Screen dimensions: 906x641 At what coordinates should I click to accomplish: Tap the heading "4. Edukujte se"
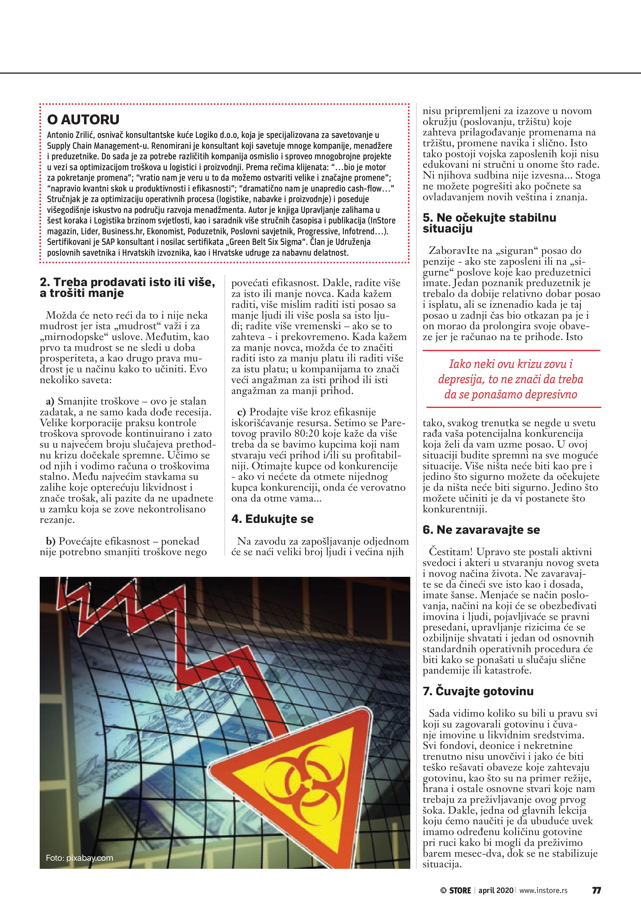[272, 519]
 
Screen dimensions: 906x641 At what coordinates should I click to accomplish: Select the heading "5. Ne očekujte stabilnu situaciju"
[489, 223]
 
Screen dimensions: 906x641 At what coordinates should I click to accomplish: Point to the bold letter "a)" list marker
[50, 402]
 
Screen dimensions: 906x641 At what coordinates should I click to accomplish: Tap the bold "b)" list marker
[51, 541]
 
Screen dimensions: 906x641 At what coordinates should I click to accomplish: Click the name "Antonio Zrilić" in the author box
[70, 135]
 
